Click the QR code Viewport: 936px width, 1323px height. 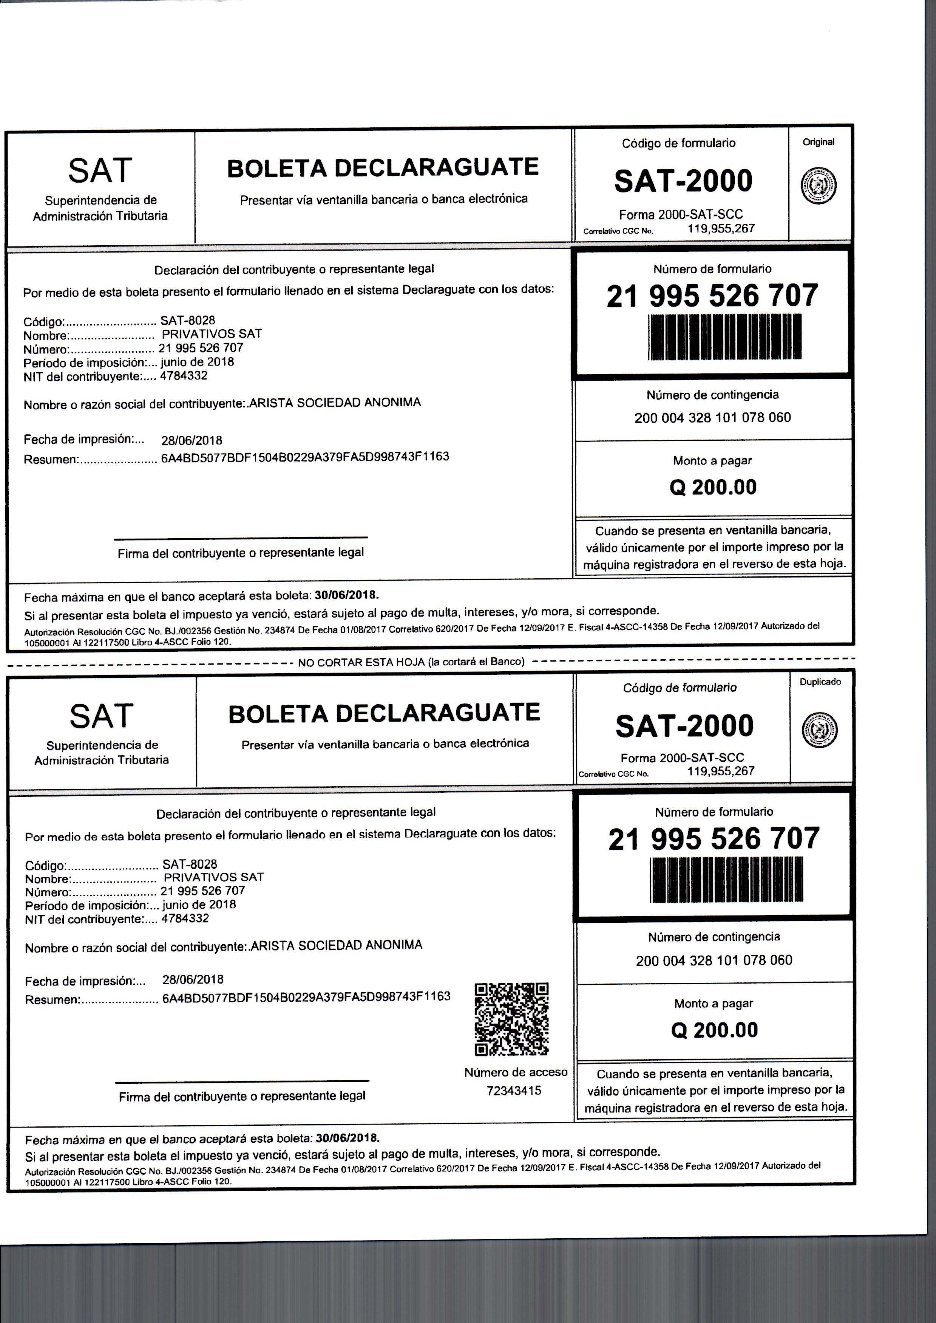point(511,1019)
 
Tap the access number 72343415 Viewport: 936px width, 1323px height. point(514,1091)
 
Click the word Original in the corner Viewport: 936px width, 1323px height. point(819,142)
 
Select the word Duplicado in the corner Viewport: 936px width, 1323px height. point(820,682)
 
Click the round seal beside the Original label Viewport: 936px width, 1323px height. point(819,186)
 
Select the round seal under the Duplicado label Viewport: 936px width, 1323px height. point(820,730)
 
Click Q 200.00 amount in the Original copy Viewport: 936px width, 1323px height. point(713,487)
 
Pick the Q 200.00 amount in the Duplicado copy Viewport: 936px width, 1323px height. point(715,1030)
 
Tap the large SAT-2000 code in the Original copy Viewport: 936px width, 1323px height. point(684,181)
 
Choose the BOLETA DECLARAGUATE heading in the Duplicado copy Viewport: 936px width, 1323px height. point(384,713)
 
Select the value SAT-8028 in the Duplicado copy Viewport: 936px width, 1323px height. point(190,864)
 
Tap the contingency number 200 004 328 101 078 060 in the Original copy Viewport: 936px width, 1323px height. point(712,418)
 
